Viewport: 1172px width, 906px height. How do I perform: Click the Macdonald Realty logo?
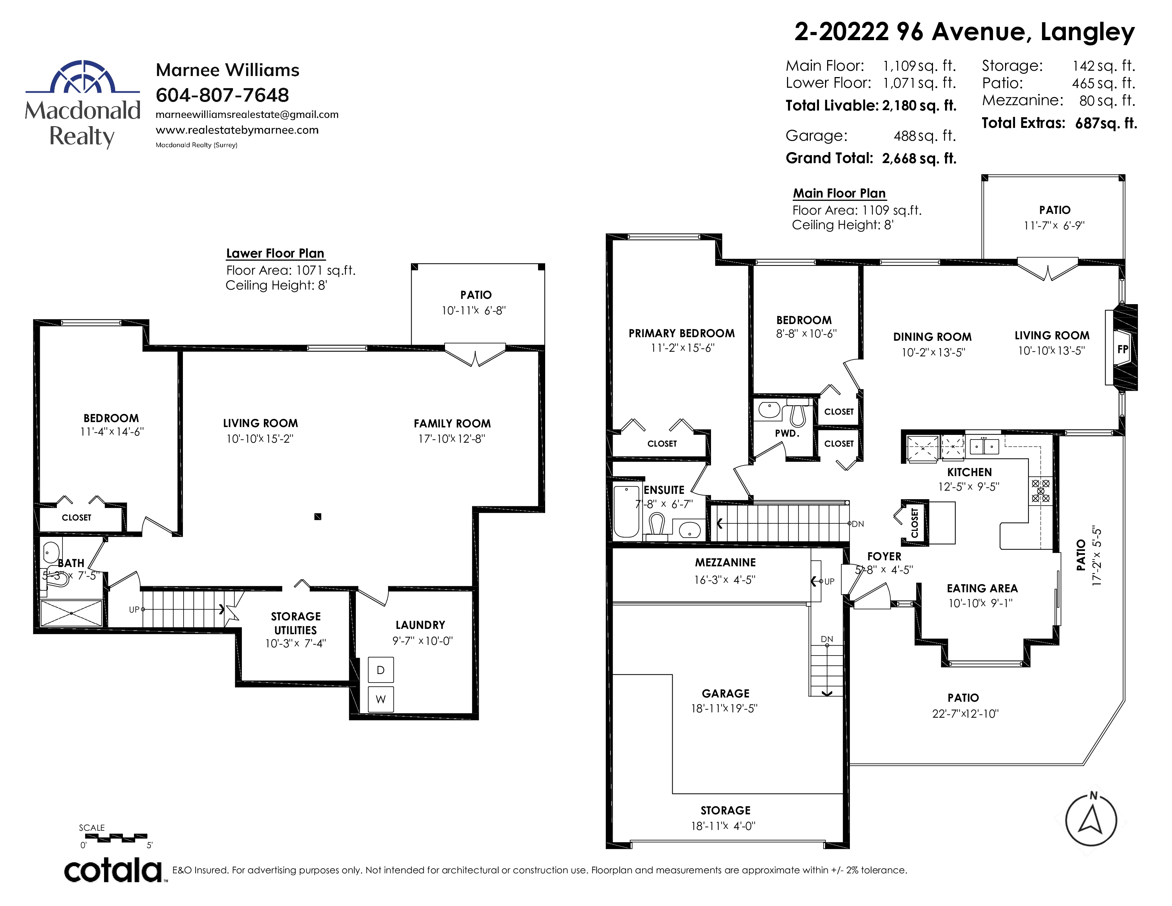pos(83,104)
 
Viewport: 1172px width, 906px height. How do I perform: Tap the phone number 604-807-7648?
pos(222,95)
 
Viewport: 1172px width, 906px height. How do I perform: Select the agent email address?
pos(247,114)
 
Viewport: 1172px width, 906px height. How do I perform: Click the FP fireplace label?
pos(1123,349)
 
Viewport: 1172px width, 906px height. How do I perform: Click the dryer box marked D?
pos(380,670)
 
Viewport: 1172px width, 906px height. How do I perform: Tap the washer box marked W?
pos(380,699)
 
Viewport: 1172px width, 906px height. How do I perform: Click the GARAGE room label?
pos(726,694)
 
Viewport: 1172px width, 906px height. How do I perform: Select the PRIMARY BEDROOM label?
pos(682,333)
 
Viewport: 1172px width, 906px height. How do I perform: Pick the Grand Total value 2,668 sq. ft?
pos(919,158)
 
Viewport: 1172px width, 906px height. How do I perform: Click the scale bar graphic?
pos(113,837)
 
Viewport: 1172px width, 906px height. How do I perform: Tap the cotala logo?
pos(113,870)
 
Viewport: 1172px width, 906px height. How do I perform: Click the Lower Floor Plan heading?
pos(275,253)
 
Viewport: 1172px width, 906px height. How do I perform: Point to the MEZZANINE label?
pos(726,562)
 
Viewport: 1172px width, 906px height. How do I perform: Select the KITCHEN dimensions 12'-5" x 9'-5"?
pos(968,487)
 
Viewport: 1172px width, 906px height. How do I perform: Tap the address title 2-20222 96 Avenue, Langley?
pos(964,32)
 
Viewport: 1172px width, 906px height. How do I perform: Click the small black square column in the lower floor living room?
pos(318,516)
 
